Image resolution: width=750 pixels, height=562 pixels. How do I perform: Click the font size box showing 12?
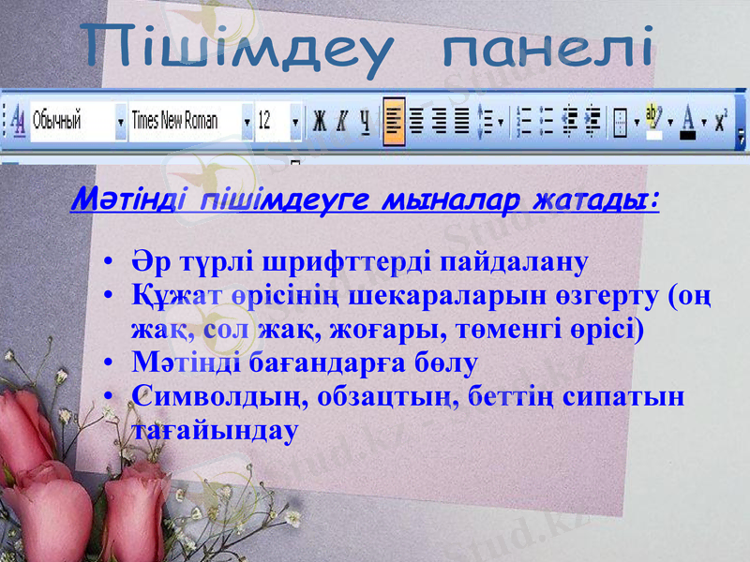271,121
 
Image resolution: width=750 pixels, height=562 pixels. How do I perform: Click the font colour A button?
689,121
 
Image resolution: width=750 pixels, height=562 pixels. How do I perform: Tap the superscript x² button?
721,121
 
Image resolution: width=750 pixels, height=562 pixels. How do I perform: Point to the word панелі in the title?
547,47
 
